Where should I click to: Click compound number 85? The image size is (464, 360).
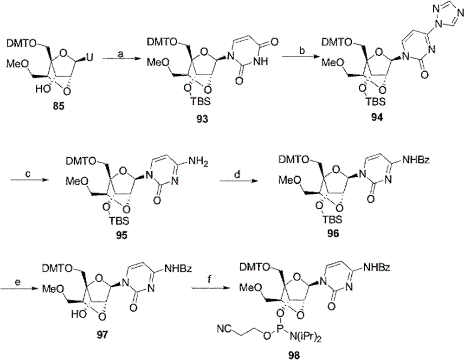58,106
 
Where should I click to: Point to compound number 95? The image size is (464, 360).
122,236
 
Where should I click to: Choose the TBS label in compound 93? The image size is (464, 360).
201,102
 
